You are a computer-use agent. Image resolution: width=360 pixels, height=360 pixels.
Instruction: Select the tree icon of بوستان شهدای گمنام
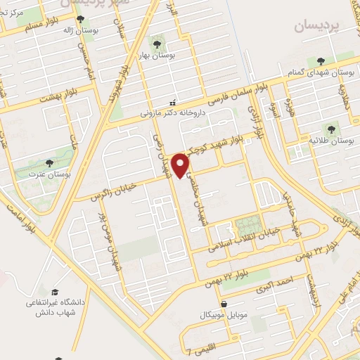(321, 61)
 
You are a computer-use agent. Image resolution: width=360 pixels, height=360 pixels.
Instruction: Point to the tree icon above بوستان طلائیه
(329, 129)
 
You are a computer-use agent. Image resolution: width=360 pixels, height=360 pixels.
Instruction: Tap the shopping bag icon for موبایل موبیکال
(224, 304)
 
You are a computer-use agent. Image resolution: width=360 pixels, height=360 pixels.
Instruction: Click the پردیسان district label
(311, 26)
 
